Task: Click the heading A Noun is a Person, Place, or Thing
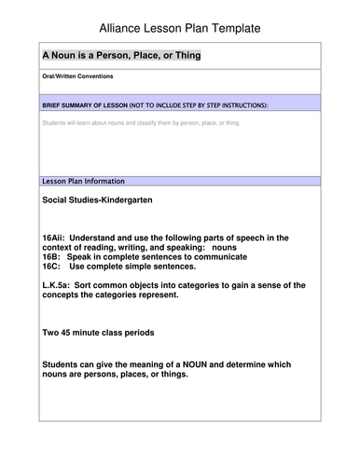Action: point(121,55)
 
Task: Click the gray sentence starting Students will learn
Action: point(132,122)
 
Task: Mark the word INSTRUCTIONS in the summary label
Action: point(240,106)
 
